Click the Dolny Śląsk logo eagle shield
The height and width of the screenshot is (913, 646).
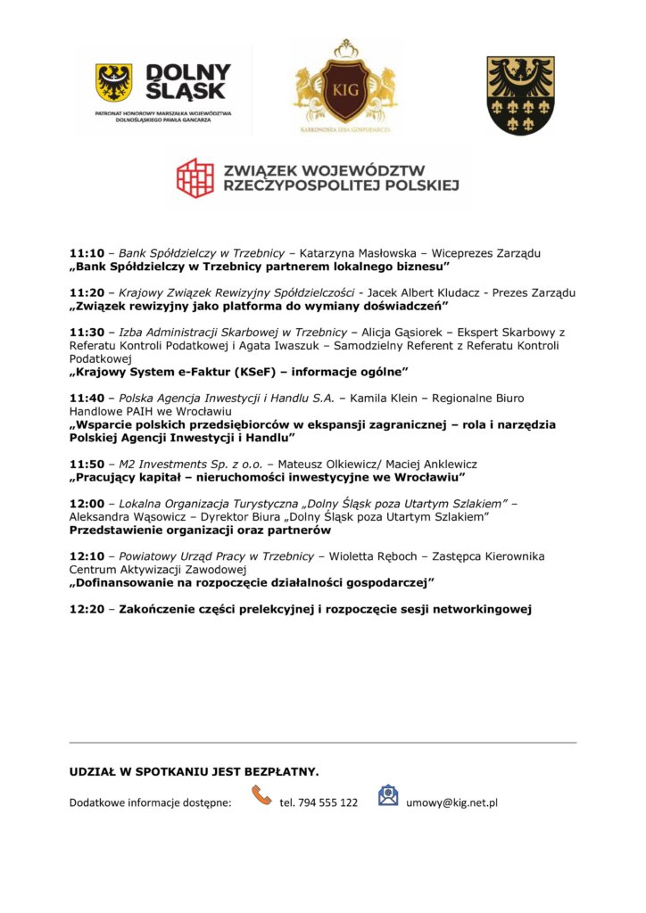click(x=114, y=83)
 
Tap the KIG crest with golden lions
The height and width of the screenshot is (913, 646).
click(x=345, y=87)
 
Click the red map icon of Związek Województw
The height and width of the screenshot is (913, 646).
click(x=195, y=177)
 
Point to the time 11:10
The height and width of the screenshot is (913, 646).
click(x=87, y=253)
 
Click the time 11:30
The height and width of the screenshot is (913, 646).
click(x=87, y=332)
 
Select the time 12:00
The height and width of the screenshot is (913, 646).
click(x=87, y=503)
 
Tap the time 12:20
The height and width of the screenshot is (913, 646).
click(x=87, y=610)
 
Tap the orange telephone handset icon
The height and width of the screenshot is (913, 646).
click(x=261, y=795)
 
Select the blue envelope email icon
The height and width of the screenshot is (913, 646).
click(x=388, y=795)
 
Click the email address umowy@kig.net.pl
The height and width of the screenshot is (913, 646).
click(x=451, y=802)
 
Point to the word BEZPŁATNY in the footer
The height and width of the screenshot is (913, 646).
click(x=278, y=771)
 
